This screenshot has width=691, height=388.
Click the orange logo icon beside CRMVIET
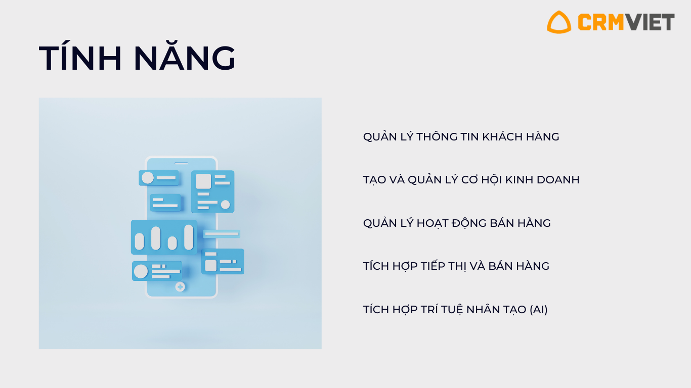558,22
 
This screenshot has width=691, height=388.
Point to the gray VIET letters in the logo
651,22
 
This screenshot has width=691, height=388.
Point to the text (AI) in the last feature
539,309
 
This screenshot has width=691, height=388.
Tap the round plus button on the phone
180,287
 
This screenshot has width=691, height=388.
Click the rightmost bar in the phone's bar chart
189,237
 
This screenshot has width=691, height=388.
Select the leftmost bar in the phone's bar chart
140,241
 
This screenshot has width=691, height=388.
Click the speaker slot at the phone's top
182,163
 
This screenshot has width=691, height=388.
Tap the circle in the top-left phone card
147,178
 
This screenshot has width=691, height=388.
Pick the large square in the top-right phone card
203,181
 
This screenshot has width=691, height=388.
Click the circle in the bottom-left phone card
141,271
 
